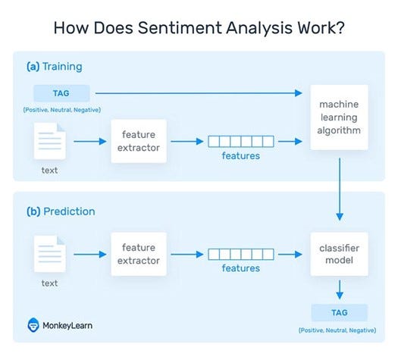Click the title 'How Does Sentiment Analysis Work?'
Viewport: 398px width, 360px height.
pos(199,29)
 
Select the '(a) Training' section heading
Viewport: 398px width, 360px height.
pos(55,66)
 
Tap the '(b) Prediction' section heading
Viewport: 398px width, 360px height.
pos(61,211)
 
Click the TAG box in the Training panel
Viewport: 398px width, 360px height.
pos(61,93)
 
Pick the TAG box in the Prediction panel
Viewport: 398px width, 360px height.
pos(340,313)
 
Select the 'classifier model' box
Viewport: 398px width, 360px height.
pos(340,255)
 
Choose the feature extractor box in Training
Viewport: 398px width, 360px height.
pos(139,141)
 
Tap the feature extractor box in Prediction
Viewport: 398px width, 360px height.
pos(139,255)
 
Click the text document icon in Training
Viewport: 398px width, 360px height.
pos(50,141)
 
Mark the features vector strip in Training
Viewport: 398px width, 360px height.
pos(241,141)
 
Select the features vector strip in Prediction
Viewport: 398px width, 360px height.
pos(241,255)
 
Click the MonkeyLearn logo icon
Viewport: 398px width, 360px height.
pos(34,325)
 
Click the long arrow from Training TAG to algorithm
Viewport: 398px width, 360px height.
pos(197,93)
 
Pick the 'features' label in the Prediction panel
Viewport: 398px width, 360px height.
pos(241,268)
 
